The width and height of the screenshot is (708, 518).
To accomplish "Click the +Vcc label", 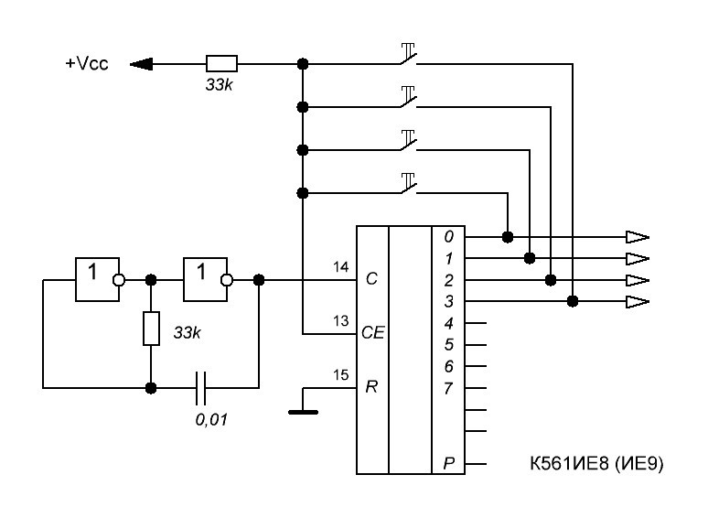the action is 87,64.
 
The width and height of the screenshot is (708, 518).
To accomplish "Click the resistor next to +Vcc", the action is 221,64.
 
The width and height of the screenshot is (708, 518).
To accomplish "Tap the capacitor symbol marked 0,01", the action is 201,388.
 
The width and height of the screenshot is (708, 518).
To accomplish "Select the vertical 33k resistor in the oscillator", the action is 151,329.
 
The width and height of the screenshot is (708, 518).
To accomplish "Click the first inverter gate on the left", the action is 100,279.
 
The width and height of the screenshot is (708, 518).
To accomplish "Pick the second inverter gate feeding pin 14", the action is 209,279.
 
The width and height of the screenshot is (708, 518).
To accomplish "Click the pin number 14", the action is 341,267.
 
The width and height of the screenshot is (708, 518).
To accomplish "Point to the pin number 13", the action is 341,321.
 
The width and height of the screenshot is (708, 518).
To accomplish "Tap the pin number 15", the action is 341,375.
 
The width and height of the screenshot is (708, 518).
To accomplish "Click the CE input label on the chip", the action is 373,333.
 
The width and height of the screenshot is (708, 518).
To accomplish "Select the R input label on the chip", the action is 371,387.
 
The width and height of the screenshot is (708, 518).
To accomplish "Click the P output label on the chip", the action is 448,463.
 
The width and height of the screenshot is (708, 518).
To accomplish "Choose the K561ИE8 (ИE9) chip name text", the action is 596,463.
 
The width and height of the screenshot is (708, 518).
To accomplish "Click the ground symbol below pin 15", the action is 303,412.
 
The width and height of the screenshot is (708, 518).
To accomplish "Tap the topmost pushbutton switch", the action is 408,54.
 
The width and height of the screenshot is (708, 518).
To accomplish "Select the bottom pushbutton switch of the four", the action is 408,183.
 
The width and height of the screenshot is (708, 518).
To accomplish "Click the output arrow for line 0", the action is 638,237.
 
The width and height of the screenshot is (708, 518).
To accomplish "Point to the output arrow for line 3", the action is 638,301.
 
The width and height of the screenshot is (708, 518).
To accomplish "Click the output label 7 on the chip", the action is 448,388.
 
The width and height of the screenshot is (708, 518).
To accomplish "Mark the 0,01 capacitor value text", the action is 211,419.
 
